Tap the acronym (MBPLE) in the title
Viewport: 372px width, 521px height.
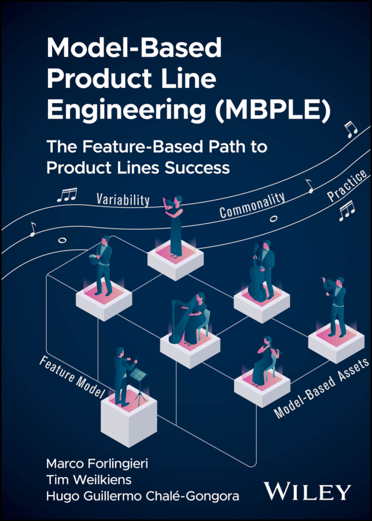(x=272, y=110)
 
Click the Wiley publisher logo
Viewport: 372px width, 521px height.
(x=307, y=492)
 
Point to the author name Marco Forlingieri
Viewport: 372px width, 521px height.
(x=97, y=464)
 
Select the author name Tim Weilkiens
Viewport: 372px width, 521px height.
(x=89, y=480)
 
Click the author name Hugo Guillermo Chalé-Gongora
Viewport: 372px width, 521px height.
(x=142, y=496)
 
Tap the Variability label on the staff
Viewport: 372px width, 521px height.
(x=123, y=200)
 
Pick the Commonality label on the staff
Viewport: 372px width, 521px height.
(x=252, y=205)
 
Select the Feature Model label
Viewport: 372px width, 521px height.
(x=72, y=377)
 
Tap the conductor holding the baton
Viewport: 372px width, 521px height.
(x=122, y=374)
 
